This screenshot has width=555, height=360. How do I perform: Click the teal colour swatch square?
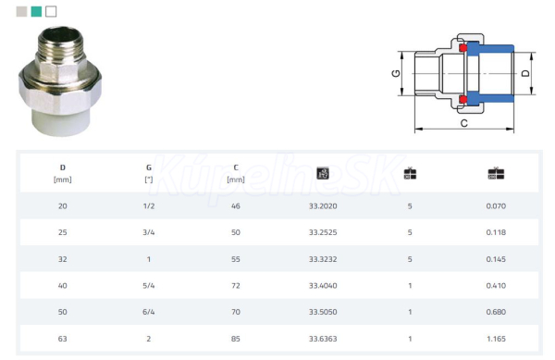pyautogui.click(x=36, y=12)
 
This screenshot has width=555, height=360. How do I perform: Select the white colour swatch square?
pyautogui.click(x=51, y=12)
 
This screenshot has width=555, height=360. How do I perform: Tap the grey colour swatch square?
pyautogui.click(x=21, y=12)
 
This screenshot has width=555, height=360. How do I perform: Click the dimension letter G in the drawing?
pyautogui.click(x=396, y=73)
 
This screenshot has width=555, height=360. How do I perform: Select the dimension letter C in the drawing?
pyautogui.click(x=464, y=123)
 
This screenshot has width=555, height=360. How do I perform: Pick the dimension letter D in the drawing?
pyautogui.click(x=525, y=73)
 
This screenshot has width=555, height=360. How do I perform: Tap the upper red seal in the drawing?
pyautogui.click(x=463, y=48)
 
